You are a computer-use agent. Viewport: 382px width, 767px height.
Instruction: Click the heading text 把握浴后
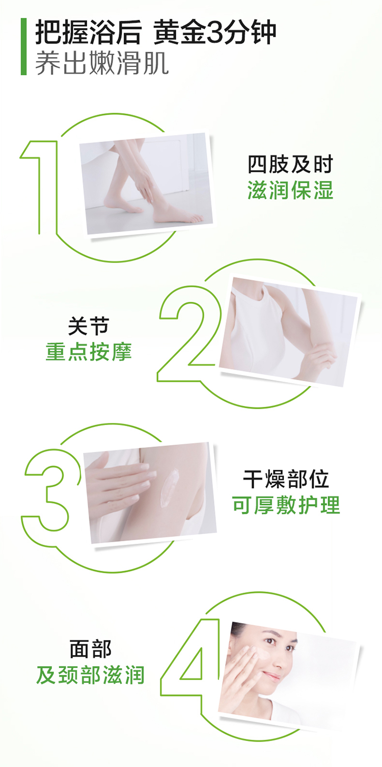[88, 33]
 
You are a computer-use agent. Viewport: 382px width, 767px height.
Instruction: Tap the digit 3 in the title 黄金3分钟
[215, 33]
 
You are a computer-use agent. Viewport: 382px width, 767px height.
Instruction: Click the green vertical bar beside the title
[23, 46]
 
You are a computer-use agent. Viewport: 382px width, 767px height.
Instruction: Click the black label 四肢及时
[290, 165]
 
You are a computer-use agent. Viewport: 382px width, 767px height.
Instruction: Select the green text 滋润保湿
[290, 191]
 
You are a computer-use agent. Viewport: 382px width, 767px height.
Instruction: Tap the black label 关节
[88, 326]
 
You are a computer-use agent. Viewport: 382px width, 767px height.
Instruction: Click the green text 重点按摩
[88, 352]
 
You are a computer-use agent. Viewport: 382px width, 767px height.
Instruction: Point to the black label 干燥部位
[286, 479]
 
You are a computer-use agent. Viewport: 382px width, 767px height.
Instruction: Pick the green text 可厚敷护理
[286, 505]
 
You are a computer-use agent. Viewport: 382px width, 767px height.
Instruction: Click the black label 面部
[91, 649]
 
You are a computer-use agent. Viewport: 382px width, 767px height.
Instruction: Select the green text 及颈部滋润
[90, 675]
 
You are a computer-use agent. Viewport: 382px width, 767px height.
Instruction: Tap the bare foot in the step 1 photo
[178, 215]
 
